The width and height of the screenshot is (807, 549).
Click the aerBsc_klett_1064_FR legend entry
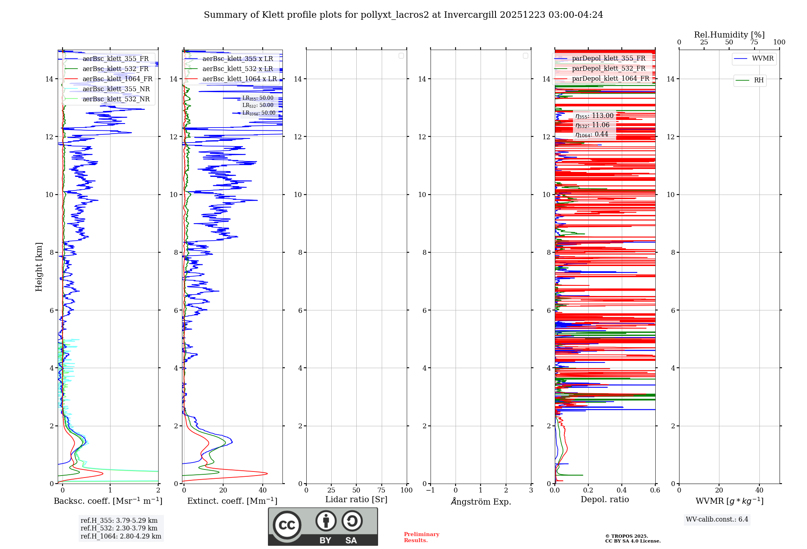[117, 79]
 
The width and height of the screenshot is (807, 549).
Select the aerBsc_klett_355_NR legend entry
[116, 89]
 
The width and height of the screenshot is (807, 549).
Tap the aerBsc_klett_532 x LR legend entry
[238, 69]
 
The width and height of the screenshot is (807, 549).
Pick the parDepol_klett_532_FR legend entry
[608, 69]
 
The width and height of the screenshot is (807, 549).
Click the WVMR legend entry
[763, 59]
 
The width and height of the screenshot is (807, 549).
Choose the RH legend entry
[759, 80]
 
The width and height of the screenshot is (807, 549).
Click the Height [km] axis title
[39, 267]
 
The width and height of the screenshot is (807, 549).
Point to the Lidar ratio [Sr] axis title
[356, 500]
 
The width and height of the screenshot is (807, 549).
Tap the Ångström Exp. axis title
[481, 502]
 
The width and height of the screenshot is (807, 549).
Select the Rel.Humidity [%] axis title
[729, 35]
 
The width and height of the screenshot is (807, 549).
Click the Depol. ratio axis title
[604, 500]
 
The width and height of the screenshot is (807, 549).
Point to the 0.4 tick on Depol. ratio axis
[622, 490]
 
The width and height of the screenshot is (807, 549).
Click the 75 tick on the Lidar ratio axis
[381, 490]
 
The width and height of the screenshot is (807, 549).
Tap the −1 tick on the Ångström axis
[431, 490]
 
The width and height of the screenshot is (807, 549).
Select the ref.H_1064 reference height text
[121, 536]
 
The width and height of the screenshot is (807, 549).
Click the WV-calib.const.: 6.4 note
[717, 520]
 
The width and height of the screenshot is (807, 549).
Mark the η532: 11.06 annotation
[592, 125]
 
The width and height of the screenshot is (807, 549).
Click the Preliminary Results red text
[421, 537]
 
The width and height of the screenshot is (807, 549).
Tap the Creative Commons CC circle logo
[287, 525]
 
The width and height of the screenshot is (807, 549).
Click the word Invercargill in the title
[470, 15]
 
